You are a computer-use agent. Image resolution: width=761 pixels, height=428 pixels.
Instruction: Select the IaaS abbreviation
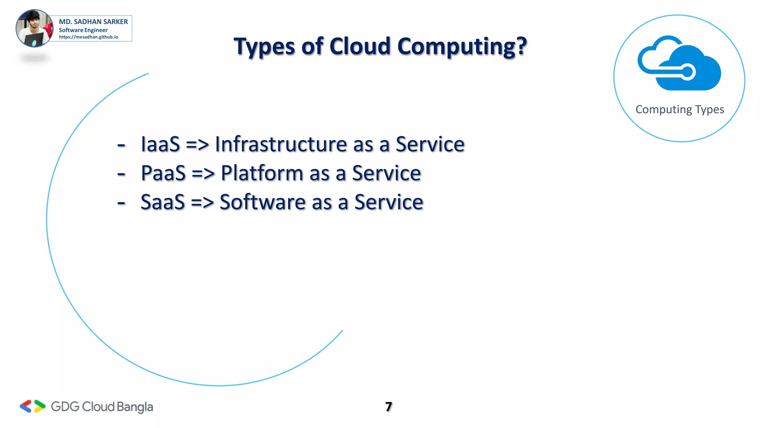(160, 144)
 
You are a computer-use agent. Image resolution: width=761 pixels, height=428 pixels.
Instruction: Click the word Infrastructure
(281, 144)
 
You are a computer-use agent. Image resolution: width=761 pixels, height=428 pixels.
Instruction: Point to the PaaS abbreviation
(163, 173)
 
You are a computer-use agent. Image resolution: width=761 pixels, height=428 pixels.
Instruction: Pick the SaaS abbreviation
(162, 202)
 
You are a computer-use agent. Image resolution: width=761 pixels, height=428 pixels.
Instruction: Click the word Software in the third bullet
(262, 202)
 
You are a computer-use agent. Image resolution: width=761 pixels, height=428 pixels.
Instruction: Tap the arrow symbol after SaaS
(202, 203)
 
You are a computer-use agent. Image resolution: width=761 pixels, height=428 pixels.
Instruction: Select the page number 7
(389, 407)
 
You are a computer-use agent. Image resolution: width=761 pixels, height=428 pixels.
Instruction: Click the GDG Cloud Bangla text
(102, 407)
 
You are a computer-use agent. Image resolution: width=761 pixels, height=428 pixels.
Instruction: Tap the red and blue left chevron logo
(26, 406)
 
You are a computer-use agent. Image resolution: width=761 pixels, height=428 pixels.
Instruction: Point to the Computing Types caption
(680, 110)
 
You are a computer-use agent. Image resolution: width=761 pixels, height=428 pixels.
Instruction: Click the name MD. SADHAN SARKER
(93, 22)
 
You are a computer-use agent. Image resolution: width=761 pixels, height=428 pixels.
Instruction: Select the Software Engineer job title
(83, 30)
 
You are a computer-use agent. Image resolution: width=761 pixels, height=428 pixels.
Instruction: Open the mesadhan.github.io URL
(88, 37)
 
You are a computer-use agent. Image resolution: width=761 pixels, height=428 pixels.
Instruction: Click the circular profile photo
(34, 29)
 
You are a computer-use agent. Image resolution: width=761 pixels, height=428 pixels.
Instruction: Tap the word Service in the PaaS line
(386, 173)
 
